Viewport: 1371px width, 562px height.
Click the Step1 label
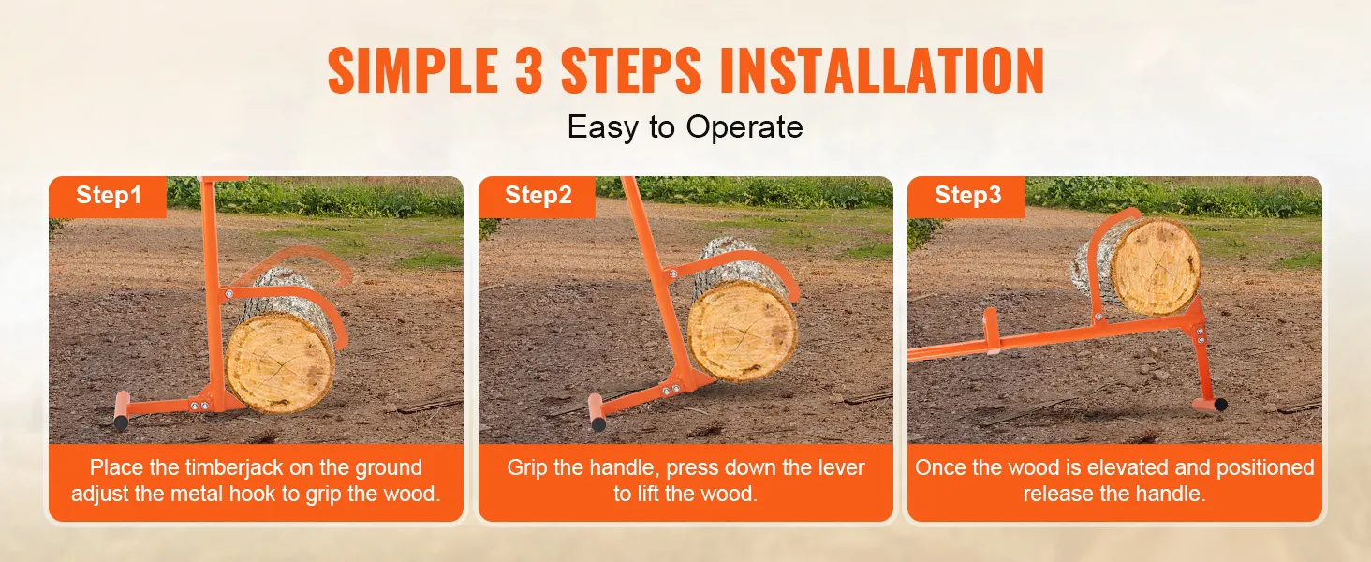pos(109,195)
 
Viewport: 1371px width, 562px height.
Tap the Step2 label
pos(538,195)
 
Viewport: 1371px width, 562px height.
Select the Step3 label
pos(967,195)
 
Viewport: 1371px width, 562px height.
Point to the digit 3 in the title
pos(529,70)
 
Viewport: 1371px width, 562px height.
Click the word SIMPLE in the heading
pos(413,70)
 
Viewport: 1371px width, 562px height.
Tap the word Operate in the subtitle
pos(744,127)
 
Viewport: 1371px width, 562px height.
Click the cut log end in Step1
pos(280,362)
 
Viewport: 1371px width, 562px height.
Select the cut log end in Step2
pos(743,332)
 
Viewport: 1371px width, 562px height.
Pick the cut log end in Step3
pos(1156,267)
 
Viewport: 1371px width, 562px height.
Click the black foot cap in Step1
pos(121,421)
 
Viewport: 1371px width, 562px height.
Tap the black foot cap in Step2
pos(598,423)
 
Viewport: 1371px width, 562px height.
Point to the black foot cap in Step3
pos(1220,404)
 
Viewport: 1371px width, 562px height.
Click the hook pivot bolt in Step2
pos(672,274)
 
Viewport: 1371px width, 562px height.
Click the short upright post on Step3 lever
pos(991,331)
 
